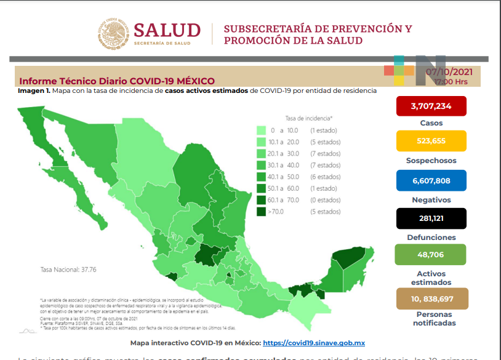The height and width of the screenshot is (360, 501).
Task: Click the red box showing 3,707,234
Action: (431, 106)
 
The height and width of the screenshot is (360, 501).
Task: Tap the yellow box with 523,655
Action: (431, 140)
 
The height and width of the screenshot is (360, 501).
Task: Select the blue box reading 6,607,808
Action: (431, 181)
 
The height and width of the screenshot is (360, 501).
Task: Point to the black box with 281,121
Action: (431, 218)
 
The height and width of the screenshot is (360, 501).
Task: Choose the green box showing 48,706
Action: (431, 254)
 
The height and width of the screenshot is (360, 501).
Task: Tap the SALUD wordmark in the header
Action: (167, 30)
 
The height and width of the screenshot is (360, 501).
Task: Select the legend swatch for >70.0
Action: (262, 212)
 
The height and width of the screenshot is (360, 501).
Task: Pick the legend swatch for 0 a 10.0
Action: (262, 130)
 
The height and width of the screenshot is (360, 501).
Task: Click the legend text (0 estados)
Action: (325, 200)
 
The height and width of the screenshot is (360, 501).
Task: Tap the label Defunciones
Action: (431, 237)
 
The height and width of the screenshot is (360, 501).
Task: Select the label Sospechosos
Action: (431, 160)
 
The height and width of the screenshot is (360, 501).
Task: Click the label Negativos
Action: (431, 200)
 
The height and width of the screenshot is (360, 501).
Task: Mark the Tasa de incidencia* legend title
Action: (308, 118)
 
